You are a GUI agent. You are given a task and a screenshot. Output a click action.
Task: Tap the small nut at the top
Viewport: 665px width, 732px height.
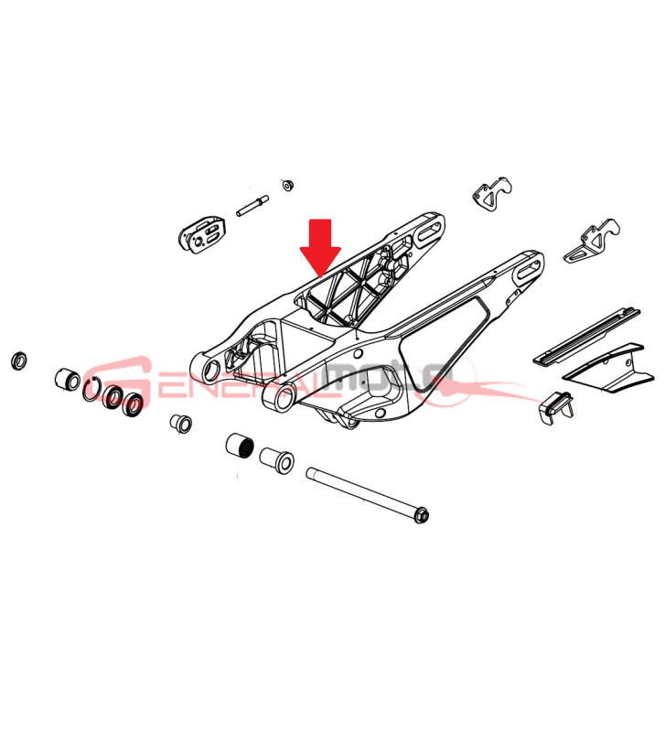pyautogui.click(x=287, y=185)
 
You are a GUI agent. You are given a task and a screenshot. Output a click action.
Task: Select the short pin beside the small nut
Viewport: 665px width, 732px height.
pyautogui.click(x=252, y=206)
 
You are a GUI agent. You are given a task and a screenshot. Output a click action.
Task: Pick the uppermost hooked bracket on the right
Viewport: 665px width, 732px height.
pyautogui.click(x=492, y=193)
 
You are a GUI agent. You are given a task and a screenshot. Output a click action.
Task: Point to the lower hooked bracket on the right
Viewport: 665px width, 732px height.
pyautogui.click(x=592, y=241)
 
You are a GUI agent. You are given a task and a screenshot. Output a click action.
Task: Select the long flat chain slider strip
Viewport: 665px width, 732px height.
pyautogui.click(x=586, y=336)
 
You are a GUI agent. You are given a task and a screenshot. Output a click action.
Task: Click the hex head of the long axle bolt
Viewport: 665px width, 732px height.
pyautogui.click(x=422, y=516)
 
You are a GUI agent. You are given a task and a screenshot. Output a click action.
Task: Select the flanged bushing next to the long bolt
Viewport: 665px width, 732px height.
pyautogui.click(x=277, y=459)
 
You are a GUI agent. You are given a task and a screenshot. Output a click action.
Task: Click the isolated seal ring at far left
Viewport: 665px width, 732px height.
pyautogui.click(x=18, y=361)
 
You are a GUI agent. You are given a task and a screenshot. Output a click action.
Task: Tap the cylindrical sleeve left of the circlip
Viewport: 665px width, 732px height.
pyautogui.click(x=68, y=379)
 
